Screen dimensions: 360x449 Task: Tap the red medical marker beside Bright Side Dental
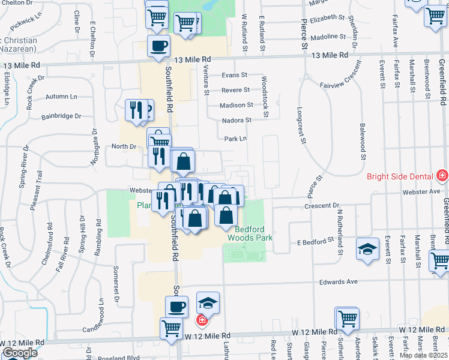click(x=442, y=176)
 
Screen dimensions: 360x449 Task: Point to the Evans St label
click(x=234, y=75)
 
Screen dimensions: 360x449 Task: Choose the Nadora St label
click(x=237, y=120)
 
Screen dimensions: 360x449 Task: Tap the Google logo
click(x=20, y=352)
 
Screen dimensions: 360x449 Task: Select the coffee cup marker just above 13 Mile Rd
click(x=158, y=46)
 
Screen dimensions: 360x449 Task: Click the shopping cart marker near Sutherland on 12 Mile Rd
click(x=348, y=319)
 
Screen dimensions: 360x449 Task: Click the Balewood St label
click(x=363, y=140)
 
